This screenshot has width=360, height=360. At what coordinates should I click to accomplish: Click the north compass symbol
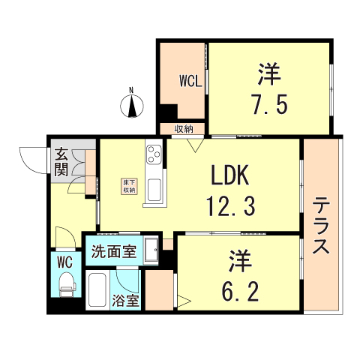click(x=132, y=106)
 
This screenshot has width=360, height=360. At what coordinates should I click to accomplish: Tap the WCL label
click(x=190, y=81)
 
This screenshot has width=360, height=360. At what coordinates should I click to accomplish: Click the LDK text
click(x=230, y=175)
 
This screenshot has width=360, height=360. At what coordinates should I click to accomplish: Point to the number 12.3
click(x=230, y=206)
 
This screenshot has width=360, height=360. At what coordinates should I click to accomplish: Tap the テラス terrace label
click(x=321, y=225)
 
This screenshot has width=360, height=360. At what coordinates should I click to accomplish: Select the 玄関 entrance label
click(x=61, y=162)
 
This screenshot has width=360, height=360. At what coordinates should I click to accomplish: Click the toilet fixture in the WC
click(x=67, y=284)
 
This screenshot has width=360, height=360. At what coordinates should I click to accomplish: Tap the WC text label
click(x=64, y=262)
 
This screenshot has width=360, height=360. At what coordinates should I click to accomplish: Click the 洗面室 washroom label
click(x=114, y=251)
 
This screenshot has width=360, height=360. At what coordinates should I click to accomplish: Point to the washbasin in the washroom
click(x=151, y=250)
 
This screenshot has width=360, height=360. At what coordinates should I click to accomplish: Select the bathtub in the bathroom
click(x=97, y=290)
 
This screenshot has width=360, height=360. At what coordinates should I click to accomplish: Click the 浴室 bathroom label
click(x=125, y=301)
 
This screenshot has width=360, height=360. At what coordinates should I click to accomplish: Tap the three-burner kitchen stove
click(x=154, y=154)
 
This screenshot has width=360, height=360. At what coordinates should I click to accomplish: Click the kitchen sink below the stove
click(x=154, y=190)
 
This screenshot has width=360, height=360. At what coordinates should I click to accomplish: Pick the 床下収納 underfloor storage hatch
click(x=130, y=187)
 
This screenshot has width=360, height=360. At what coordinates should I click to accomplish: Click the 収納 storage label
click(x=184, y=130)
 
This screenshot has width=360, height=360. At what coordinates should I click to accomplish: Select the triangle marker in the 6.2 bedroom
click(x=184, y=301)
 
